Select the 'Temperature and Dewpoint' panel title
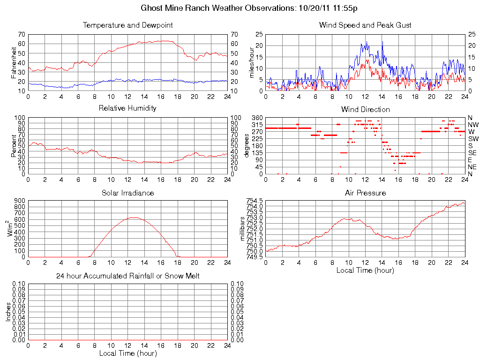[127, 25]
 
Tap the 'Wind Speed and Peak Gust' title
[365, 25]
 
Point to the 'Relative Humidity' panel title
[127, 108]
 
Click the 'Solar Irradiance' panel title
[127, 193]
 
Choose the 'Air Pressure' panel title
[365, 193]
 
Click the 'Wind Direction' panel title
[365, 109]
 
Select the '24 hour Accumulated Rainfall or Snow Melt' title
[127, 276]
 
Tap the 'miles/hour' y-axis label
[252, 62]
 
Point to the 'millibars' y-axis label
[243, 228]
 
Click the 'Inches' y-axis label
[8, 312]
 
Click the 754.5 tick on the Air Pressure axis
[255, 201]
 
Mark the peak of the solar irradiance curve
[134, 217]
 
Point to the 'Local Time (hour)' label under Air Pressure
[365, 270]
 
